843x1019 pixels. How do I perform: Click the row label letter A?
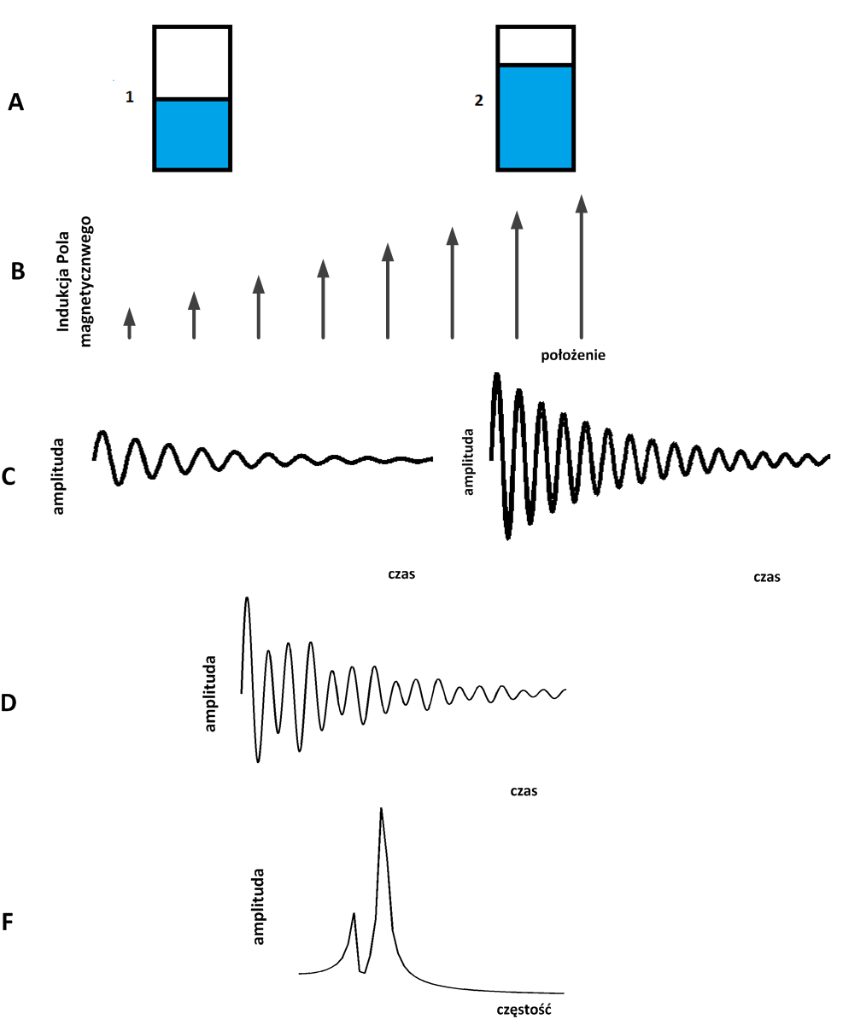tap(16, 103)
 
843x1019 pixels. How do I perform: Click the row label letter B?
tap(18, 272)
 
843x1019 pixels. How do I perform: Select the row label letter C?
tap(9, 476)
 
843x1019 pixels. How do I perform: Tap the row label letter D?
tap(9, 703)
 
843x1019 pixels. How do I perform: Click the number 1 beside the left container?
tap(129, 97)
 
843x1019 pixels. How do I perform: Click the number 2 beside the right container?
tap(478, 100)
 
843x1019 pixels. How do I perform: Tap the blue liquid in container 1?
tap(192, 134)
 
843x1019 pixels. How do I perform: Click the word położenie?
tap(573, 355)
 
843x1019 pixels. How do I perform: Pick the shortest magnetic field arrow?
tap(129, 323)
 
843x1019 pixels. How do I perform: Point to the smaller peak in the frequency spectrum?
tap(354, 915)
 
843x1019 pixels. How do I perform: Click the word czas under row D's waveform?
tap(523, 790)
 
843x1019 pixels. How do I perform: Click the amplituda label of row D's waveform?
tap(211, 693)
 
